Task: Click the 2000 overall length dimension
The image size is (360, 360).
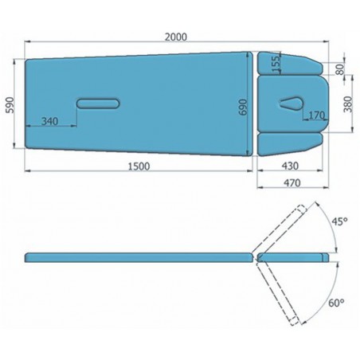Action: click(176, 37)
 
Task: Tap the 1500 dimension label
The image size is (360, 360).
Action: click(139, 166)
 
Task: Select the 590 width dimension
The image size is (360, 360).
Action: click(10, 105)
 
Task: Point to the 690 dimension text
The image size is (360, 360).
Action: click(243, 107)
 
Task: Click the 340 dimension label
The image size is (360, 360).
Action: click(49, 121)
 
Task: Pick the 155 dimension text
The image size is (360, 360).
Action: click(276, 64)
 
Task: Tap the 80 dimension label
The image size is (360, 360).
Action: click(340, 69)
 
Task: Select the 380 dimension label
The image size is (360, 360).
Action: click(347, 104)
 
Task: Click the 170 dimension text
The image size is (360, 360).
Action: click(317, 115)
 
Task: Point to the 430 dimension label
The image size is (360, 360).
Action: click(290, 166)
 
